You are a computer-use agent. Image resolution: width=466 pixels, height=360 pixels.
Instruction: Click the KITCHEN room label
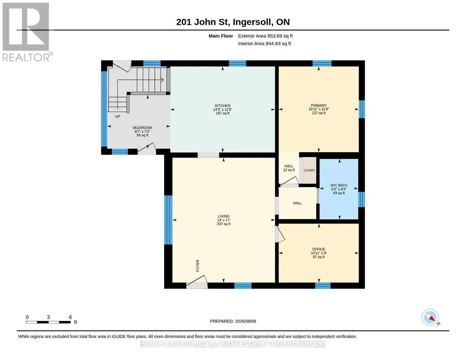click(222, 106)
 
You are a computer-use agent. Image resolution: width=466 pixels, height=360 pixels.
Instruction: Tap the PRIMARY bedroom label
click(318, 106)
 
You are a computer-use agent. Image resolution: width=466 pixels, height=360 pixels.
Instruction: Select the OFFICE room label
click(318, 249)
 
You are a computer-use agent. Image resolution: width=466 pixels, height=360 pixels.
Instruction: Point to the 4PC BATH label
click(338, 185)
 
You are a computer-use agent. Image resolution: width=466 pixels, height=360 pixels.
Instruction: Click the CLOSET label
click(309, 170)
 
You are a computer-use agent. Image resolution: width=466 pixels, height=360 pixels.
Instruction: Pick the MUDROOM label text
click(142, 128)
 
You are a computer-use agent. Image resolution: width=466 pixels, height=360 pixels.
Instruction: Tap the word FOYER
click(197, 266)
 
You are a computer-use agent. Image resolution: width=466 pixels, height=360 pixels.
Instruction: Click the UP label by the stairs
click(118, 117)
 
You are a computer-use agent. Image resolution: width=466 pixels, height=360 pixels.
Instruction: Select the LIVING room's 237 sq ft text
click(224, 224)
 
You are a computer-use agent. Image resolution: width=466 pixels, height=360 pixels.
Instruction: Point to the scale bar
click(48, 322)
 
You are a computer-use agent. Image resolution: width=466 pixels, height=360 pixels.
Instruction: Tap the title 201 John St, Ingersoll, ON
click(233, 22)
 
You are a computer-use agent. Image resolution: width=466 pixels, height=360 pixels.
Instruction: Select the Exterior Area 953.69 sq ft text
click(265, 36)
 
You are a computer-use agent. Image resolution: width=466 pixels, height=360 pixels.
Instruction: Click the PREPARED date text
click(233, 321)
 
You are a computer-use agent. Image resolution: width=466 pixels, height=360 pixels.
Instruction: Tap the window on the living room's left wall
click(168, 220)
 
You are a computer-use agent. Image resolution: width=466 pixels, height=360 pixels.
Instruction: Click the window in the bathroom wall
click(361, 199)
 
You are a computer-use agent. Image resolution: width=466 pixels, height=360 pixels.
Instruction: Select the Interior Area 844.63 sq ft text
click(264, 44)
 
